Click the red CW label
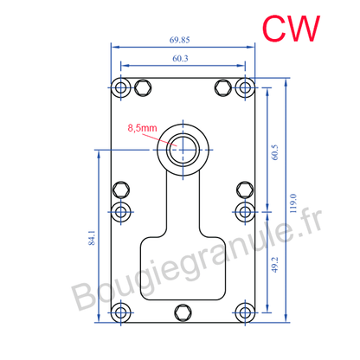pyautogui.click(x=292, y=27)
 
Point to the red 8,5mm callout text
pyautogui.click(x=142, y=128)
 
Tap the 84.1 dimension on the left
pyautogui.click(x=93, y=239)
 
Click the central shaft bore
pyautogui.click(x=183, y=147)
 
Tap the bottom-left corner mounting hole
pyautogui.click(x=121, y=312)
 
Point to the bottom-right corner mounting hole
pyautogui.click(x=246, y=312)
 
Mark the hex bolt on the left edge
pyautogui.click(x=121, y=190)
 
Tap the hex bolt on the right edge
pyautogui.click(x=246, y=190)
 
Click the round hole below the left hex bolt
pyautogui.click(x=121, y=210)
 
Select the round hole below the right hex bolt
pyautogui.click(x=246, y=210)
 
